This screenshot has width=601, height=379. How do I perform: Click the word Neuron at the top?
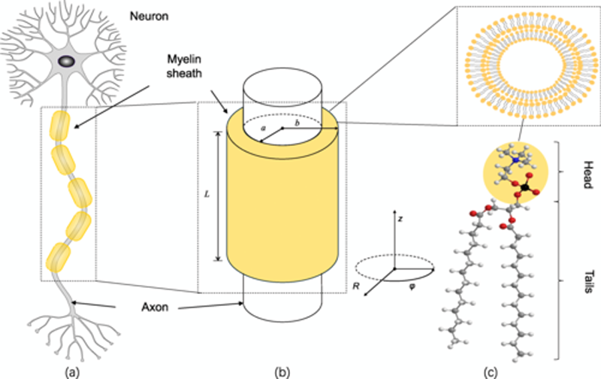click(150, 15)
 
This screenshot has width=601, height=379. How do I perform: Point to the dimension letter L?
click(207, 194)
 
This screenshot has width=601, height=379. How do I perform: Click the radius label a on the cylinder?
click(263, 129)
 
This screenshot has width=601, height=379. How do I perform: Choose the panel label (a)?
click(76, 368)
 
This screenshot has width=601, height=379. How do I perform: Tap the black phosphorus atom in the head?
click(524, 182)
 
